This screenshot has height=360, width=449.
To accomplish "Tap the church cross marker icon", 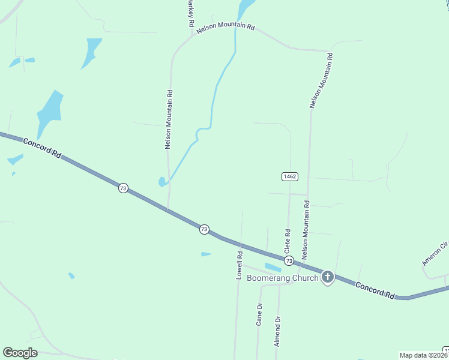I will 327,277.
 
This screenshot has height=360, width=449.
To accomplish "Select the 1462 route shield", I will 289,176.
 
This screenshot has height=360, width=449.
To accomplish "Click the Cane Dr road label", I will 259,314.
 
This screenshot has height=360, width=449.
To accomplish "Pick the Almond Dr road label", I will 277,332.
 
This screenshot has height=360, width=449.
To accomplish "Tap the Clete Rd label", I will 288,241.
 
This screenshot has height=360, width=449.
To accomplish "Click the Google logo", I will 20,353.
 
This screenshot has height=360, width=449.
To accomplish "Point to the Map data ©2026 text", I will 423,355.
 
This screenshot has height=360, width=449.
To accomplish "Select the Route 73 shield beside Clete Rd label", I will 289,260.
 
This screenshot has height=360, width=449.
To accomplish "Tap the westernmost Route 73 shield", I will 122,188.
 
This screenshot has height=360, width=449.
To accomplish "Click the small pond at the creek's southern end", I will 162,181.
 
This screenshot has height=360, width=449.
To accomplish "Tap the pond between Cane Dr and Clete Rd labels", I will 273,266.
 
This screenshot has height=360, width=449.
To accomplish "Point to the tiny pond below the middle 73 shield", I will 205,254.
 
